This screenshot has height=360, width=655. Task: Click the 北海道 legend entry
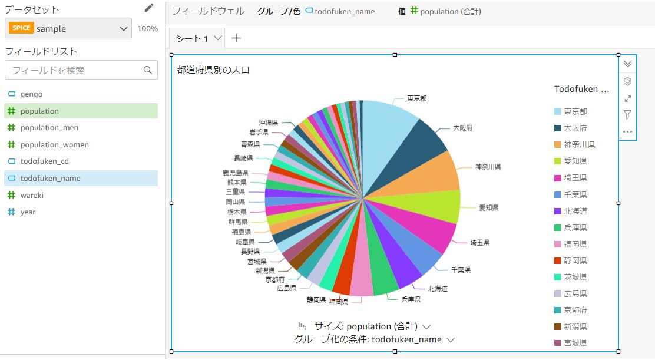pyautogui.click(x=575, y=211)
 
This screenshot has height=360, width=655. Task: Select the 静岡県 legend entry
pyautogui.click(x=575, y=260)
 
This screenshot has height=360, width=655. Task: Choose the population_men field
pyautogui.click(x=49, y=128)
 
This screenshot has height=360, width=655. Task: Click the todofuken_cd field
pyautogui.click(x=45, y=161)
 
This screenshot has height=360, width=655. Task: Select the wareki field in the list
pyautogui.click(x=32, y=195)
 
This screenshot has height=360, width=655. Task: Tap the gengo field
pyautogui.click(x=31, y=94)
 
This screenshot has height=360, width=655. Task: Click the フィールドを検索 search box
pyautogui.click(x=75, y=70)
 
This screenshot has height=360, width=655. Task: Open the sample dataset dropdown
pyautogui.click(x=68, y=28)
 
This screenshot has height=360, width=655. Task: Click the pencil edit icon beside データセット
pyautogui.click(x=149, y=8)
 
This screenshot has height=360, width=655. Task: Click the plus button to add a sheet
pyautogui.click(x=236, y=38)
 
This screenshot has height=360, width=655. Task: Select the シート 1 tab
pyautogui.click(x=192, y=39)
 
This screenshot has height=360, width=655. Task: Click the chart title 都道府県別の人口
pyautogui.click(x=213, y=70)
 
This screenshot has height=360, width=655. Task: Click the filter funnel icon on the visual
pyautogui.click(x=627, y=114)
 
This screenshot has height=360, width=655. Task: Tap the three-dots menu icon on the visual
pyautogui.click(x=627, y=131)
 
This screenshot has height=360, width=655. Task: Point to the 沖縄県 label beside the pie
pyautogui.click(x=269, y=123)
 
